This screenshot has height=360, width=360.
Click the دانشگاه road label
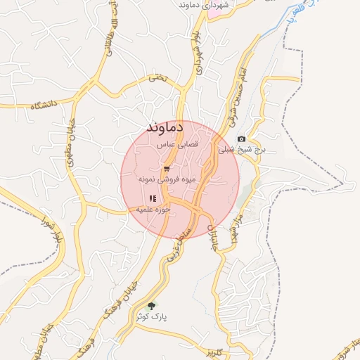point(44,105)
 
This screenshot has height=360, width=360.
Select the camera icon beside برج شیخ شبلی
point(241,139)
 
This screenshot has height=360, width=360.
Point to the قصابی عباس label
point(181,144)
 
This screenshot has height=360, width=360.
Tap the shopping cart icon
point(167,169)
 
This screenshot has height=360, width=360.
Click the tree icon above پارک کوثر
point(152,306)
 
